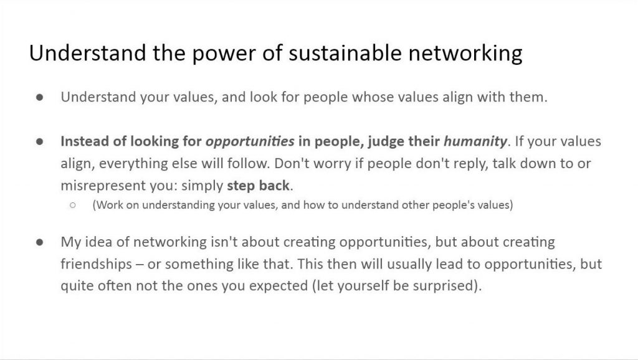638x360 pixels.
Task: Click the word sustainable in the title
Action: click(x=345, y=53)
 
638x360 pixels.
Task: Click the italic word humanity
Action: click(x=475, y=141)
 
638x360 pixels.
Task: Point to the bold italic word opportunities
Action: click(x=250, y=142)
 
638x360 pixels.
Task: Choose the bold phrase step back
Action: click(x=258, y=186)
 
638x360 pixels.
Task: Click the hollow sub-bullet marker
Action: click(x=73, y=205)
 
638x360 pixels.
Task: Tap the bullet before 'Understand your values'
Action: click(x=39, y=97)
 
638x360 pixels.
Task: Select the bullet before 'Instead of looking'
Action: click(x=39, y=141)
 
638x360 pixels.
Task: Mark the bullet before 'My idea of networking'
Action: click(x=39, y=242)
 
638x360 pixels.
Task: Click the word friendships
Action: click(x=96, y=264)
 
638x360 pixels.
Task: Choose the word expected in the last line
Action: click(x=279, y=286)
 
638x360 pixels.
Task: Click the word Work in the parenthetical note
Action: click(x=110, y=205)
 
